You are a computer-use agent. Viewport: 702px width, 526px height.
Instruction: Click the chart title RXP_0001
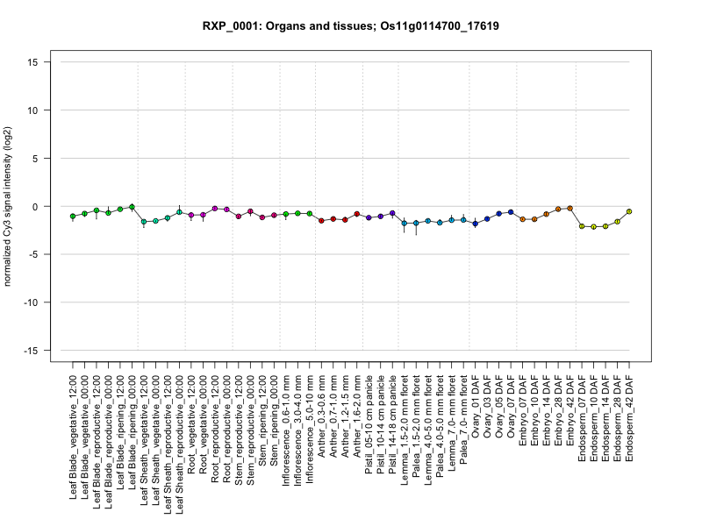click(351, 26)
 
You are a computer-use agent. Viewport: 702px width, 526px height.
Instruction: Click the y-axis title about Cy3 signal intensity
click(10, 207)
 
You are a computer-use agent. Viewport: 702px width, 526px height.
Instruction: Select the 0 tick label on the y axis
click(39, 207)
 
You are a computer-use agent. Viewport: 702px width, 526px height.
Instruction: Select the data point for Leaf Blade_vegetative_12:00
click(73, 216)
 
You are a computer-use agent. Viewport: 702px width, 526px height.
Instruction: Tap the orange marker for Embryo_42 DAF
click(569, 208)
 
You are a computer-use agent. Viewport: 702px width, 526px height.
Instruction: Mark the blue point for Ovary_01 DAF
click(475, 224)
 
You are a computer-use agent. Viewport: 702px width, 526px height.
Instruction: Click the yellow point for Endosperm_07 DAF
click(582, 226)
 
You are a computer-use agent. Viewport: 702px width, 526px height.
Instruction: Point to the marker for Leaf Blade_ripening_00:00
click(132, 207)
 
